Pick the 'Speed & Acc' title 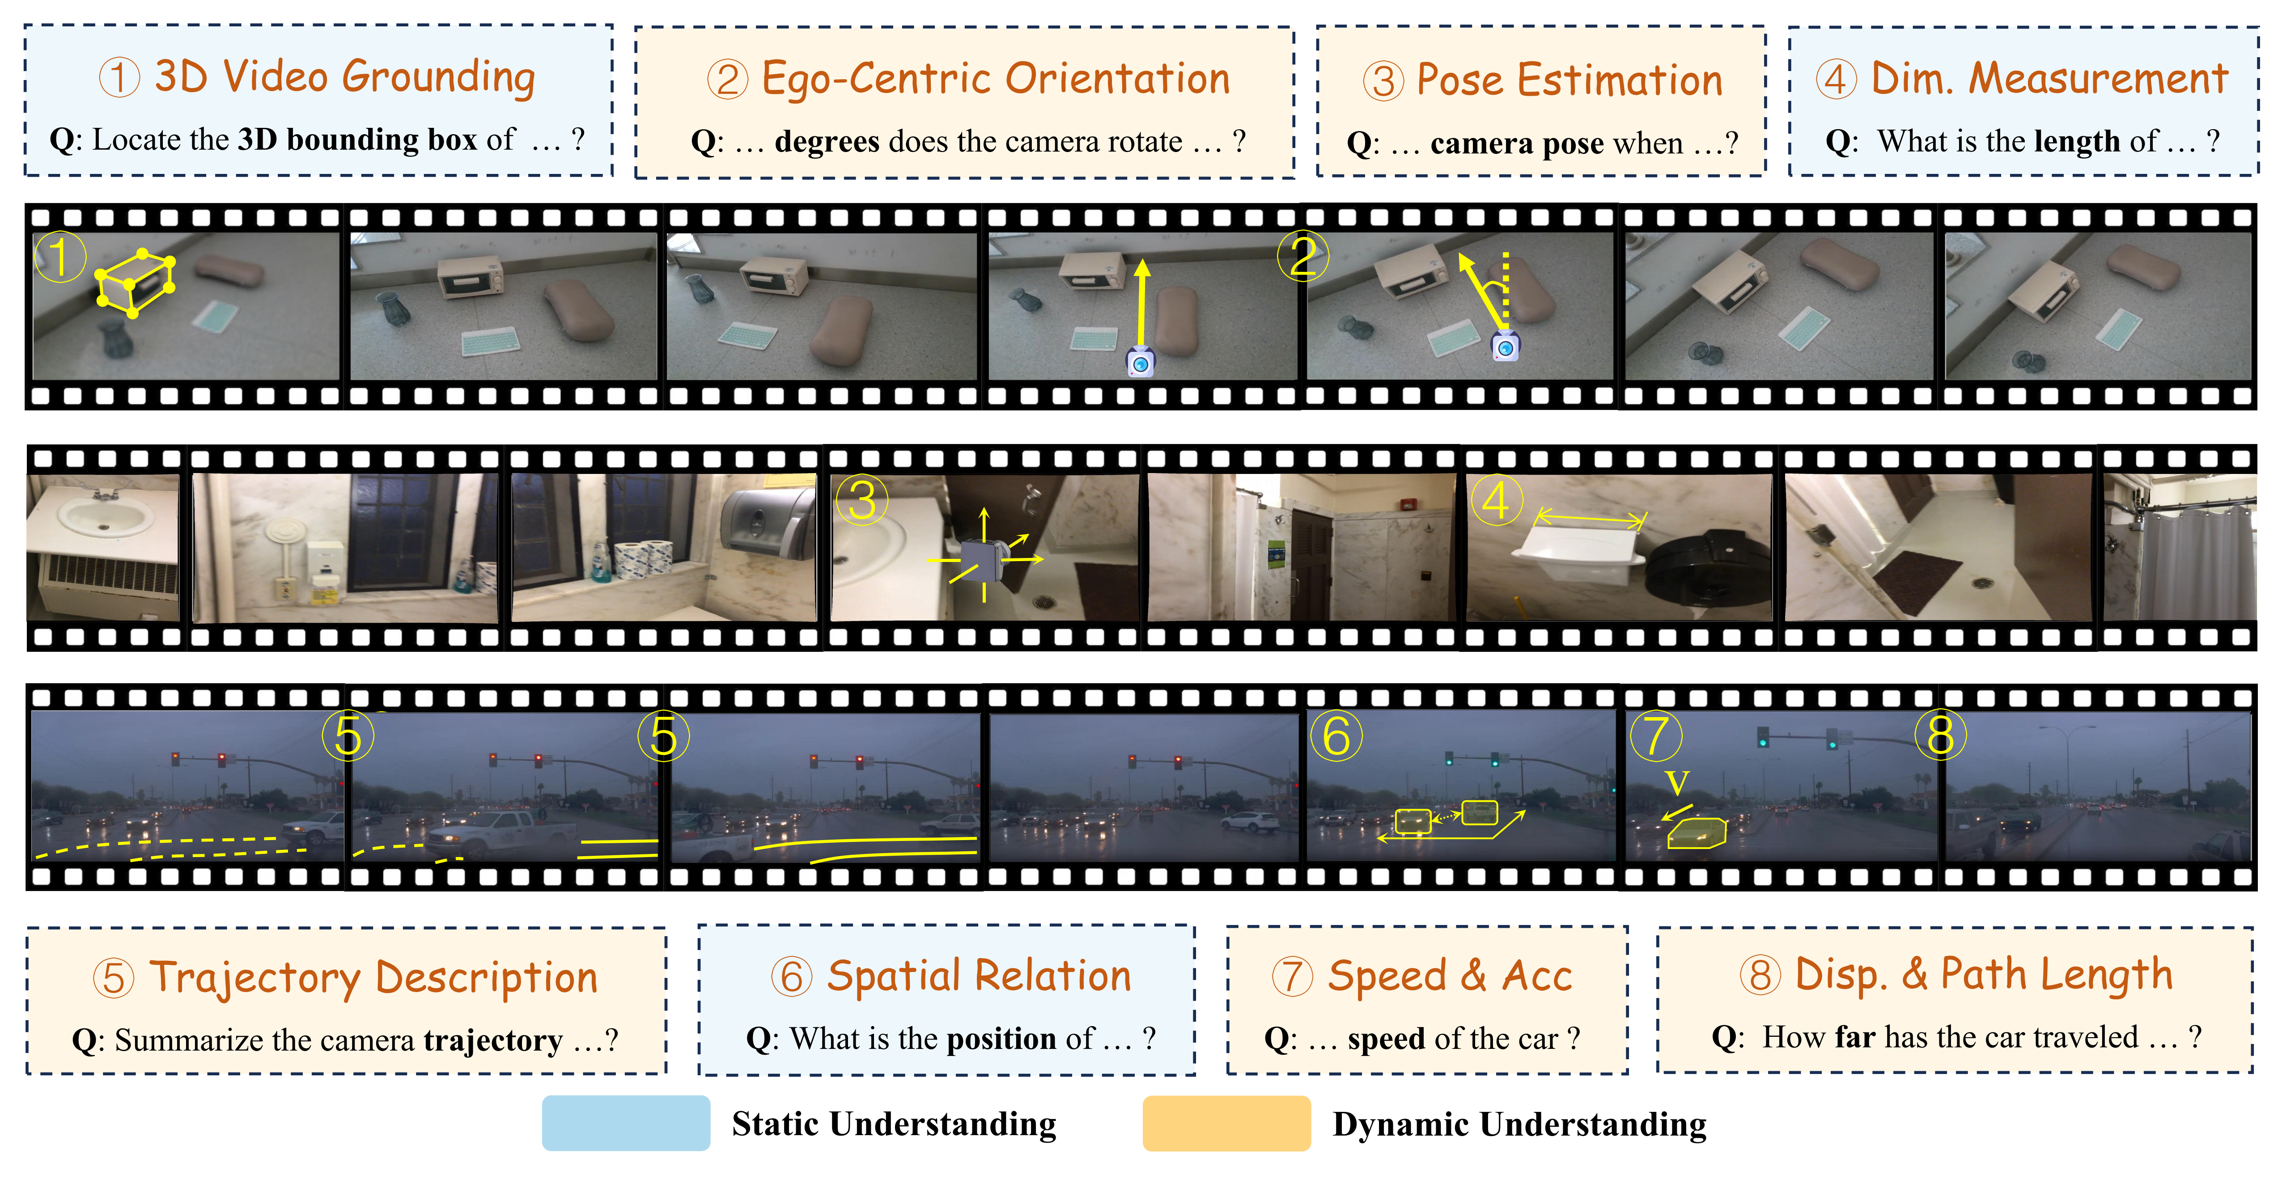(1449, 976)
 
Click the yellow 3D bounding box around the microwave (135, 282)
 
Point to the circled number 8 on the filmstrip (1940, 735)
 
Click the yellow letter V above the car (1677, 783)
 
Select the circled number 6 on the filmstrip (1336, 736)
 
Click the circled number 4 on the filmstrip (1496, 500)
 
